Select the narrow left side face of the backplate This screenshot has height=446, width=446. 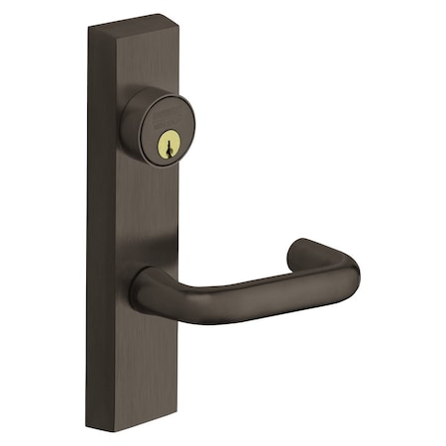coord(94,228)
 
